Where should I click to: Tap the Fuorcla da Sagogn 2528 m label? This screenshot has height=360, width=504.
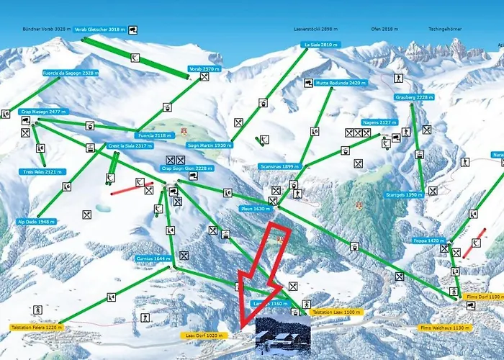71,73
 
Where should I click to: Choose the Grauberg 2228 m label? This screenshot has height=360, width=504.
414,97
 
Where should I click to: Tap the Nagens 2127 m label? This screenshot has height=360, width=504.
379,122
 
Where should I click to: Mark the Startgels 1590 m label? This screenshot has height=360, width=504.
404,194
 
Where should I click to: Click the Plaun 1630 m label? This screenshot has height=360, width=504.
256,209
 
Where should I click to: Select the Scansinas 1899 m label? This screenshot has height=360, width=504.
280,166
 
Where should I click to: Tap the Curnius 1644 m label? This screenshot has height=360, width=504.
153,258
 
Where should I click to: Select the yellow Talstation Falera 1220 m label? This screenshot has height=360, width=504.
37,327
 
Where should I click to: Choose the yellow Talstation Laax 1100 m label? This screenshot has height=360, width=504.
336,312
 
